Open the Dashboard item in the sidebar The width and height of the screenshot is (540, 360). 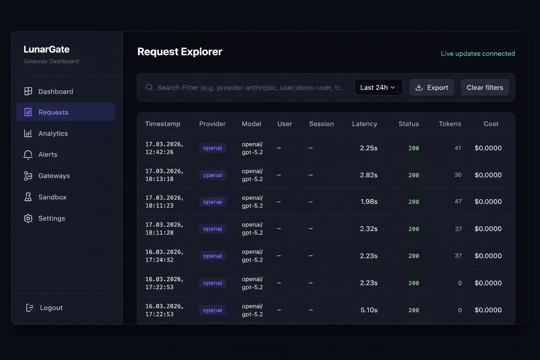point(55,91)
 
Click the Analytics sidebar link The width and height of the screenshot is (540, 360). point(53,134)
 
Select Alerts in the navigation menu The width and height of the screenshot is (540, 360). point(47,155)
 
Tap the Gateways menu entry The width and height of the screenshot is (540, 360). point(54,176)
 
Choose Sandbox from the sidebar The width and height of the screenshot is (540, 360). point(52,197)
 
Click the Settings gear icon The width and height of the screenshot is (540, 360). point(28,218)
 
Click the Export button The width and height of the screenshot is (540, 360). point(431,88)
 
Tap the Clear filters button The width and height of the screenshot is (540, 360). point(484,88)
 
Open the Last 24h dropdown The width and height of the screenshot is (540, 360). point(378,88)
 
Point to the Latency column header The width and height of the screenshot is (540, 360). point(364,124)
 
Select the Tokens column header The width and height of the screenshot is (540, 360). point(450,124)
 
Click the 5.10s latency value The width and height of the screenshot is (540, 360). point(369,310)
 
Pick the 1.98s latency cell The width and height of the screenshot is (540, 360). point(369,202)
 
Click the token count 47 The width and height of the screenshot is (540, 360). point(458,201)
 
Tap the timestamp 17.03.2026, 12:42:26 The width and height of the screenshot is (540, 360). point(164,148)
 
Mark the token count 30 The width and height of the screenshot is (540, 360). point(457,175)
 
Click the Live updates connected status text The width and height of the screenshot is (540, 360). point(478,53)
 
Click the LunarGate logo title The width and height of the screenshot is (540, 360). point(46,49)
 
